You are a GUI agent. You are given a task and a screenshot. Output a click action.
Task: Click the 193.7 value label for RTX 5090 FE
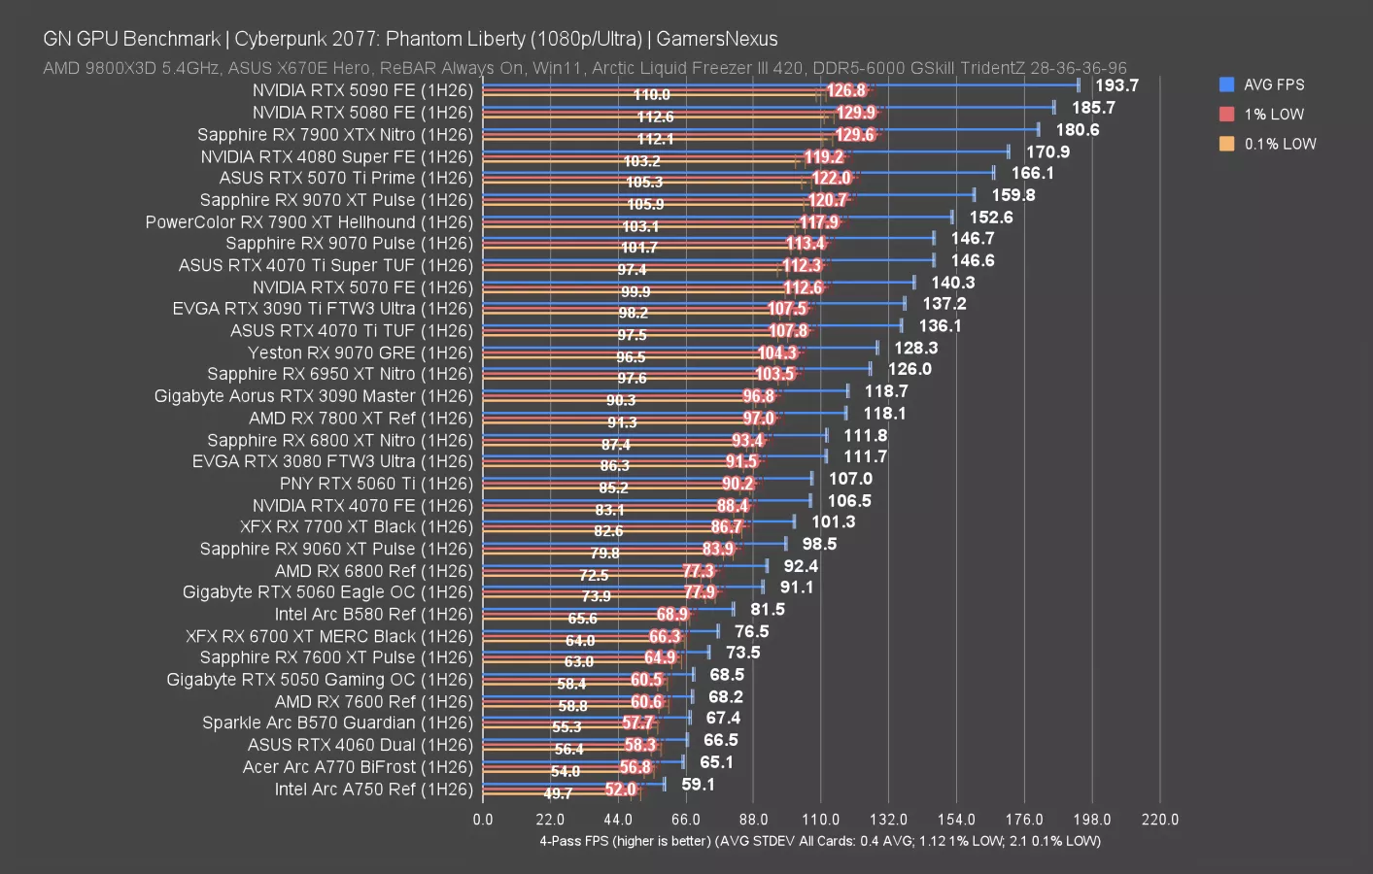click(x=1116, y=85)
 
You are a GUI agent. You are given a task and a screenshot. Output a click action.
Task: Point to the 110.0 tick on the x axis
click(x=821, y=820)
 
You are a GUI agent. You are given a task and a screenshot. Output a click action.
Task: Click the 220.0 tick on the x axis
click(x=1159, y=820)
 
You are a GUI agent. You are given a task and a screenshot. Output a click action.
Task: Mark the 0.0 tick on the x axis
click(x=483, y=820)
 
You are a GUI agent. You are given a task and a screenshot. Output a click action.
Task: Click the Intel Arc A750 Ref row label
click(x=373, y=790)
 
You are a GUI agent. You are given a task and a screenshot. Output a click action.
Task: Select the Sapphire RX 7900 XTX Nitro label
click(x=334, y=135)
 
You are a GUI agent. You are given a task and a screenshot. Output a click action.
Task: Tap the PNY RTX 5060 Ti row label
click(x=376, y=484)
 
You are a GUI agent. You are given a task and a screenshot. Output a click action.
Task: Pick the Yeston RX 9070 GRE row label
click(x=360, y=353)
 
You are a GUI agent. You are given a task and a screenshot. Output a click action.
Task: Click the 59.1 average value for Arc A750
click(x=698, y=784)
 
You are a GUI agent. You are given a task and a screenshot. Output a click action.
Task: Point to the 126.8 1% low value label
click(x=846, y=91)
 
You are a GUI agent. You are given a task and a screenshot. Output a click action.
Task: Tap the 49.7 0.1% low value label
click(x=558, y=793)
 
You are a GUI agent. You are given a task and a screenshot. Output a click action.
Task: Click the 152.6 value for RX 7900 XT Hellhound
click(x=990, y=217)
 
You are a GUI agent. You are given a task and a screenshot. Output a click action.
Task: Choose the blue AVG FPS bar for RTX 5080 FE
click(x=768, y=107)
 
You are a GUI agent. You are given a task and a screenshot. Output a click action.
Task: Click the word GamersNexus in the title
click(x=716, y=39)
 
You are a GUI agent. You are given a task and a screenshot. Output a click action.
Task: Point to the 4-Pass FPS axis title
click(x=819, y=841)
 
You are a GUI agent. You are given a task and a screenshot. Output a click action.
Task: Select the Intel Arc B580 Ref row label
click(x=373, y=615)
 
